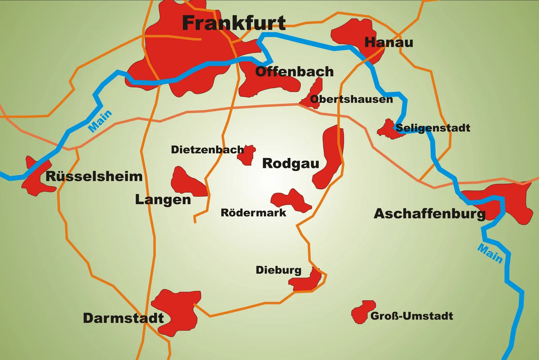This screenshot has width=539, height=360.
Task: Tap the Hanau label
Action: pos(389,42)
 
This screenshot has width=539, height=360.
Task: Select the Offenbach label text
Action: pos(294,72)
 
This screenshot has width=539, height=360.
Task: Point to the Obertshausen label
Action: pos(351,99)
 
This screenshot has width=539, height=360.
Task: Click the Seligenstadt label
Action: pos(433,128)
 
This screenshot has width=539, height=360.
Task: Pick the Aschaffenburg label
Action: pos(430,214)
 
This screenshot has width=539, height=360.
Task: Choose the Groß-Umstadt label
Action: pos(411,316)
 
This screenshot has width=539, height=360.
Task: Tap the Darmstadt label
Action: pos(123,318)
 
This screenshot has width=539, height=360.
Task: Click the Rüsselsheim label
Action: pos(94,176)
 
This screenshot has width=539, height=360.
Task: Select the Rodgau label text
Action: pos(291,163)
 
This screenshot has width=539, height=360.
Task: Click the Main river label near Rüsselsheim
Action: pos(100,121)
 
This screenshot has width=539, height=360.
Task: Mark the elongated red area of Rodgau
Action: pos(331,156)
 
